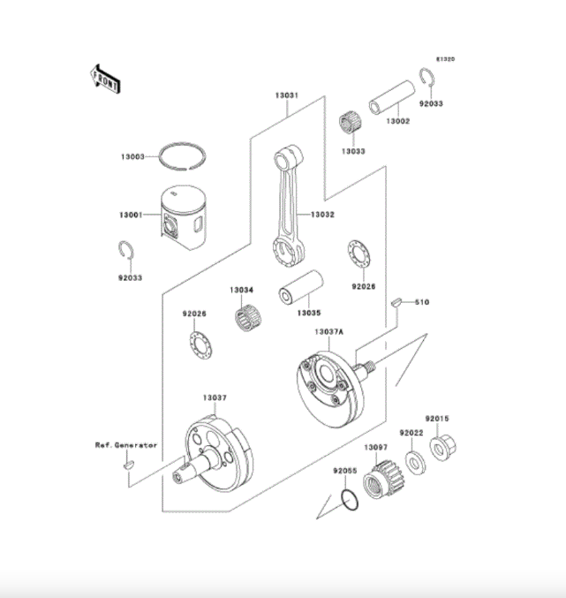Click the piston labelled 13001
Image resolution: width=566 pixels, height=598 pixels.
click(186, 218)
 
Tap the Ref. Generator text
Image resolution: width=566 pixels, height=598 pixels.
click(126, 445)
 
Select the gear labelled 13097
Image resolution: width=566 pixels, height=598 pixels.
click(379, 483)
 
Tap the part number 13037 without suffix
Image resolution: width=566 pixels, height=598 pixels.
click(215, 397)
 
